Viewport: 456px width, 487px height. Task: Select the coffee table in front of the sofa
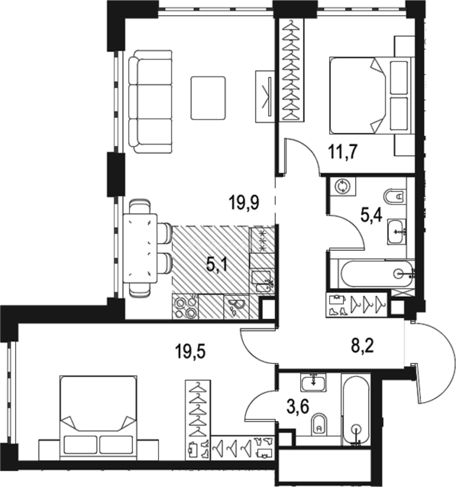point(208,98)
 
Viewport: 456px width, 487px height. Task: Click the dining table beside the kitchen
point(140,248)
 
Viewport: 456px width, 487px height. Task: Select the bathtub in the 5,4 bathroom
point(377,273)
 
